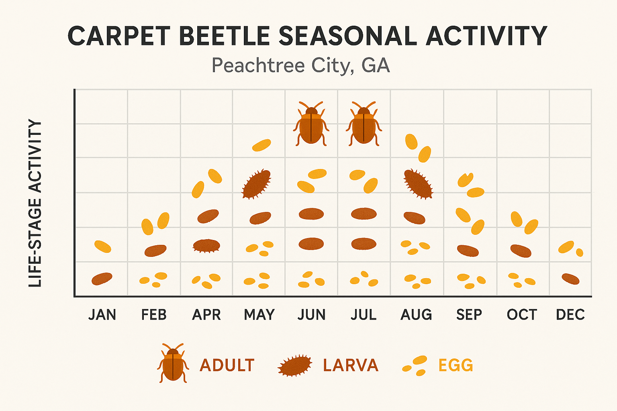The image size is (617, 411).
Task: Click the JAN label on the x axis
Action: pos(102,315)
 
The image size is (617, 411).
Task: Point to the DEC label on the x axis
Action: pos(570,315)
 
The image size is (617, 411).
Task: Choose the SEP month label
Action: pos(469,315)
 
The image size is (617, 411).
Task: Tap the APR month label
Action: pos(206,315)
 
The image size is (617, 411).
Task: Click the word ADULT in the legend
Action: pos(227,365)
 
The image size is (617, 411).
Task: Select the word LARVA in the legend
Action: pos(351,365)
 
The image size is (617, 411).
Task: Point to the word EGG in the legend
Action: pos(456,365)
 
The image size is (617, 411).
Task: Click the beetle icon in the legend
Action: pos(173,363)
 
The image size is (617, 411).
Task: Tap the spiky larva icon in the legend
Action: pos(295,365)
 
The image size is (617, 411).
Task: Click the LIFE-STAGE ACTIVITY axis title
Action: pos(36,203)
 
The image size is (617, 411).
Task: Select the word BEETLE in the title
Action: pos(225,36)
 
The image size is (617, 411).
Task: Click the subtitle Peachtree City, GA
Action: pos(300,65)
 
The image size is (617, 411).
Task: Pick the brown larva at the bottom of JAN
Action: pos(102,279)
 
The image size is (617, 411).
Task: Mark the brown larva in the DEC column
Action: pos(570,279)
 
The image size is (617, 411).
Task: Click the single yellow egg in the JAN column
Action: pos(103,246)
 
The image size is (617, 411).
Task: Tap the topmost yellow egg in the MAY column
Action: pos(262,145)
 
